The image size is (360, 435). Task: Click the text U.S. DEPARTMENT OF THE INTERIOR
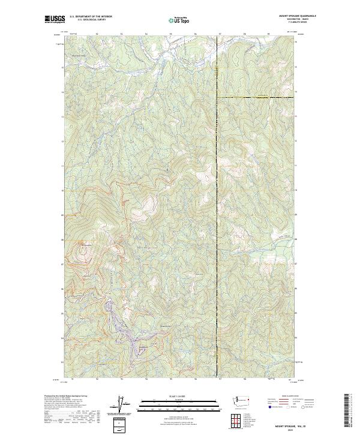pyautogui.click(x=91, y=16)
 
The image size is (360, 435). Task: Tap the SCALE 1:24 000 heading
pyautogui.click(x=179, y=396)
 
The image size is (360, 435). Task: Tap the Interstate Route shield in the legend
pyautogui.click(x=268, y=407)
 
